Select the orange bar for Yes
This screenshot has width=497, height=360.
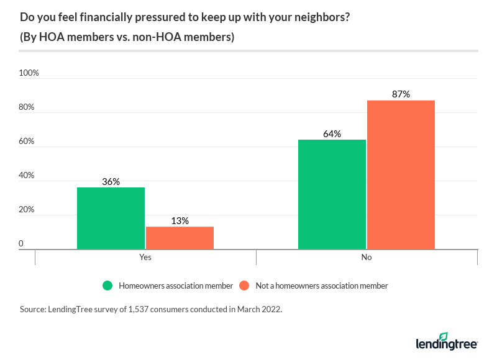[180, 238]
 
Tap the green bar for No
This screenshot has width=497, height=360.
[332, 194]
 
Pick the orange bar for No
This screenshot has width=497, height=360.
[401, 174]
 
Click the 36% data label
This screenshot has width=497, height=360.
[111, 182]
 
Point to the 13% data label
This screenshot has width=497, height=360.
[180, 221]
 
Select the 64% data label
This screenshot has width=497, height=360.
[332, 134]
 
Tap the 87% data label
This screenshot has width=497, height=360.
[401, 94]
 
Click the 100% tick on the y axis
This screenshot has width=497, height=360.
[29, 73]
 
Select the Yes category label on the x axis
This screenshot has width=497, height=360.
[145, 257]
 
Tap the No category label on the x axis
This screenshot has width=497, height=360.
[367, 257]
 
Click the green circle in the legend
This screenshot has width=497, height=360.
[108, 286]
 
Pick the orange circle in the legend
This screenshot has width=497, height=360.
[244, 286]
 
